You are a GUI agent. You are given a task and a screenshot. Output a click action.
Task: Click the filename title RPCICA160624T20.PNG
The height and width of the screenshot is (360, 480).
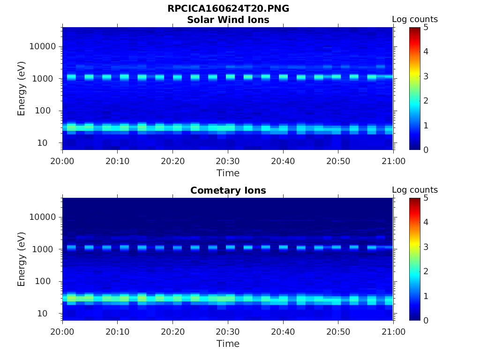[x=228, y=9]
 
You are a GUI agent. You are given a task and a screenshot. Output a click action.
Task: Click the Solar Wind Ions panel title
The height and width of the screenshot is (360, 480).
[x=228, y=20]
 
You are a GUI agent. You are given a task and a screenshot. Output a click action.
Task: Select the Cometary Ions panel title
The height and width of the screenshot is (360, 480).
[x=228, y=190]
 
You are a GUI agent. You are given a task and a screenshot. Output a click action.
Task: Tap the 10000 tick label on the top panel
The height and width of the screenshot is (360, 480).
[x=42, y=46]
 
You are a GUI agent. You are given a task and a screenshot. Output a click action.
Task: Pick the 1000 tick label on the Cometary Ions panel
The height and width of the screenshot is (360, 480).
[x=44, y=249]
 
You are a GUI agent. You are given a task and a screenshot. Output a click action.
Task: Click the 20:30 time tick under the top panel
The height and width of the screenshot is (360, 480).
[x=228, y=161]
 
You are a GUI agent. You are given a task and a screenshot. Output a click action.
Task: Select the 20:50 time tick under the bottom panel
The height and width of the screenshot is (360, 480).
[x=338, y=332]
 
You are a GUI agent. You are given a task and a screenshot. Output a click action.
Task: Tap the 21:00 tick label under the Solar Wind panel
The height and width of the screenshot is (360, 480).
[x=393, y=161]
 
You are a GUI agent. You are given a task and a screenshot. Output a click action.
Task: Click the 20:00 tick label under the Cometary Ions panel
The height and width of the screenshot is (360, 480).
[x=63, y=332]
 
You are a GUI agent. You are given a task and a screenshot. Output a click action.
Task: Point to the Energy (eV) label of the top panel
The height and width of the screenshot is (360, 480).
[x=22, y=89]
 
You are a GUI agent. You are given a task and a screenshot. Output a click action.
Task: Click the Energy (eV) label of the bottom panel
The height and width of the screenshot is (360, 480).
[x=22, y=259]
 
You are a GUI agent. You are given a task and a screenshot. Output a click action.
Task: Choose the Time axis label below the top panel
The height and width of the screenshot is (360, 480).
[x=228, y=173]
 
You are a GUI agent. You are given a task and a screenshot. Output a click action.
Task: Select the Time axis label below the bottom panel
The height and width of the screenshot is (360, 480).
[x=228, y=344]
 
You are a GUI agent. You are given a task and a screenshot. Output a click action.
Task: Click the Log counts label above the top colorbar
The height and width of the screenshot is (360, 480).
[x=414, y=19]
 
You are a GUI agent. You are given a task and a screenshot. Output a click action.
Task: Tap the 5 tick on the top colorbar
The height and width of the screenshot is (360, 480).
[x=426, y=27]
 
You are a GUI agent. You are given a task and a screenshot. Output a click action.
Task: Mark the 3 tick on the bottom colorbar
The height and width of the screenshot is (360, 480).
[x=426, y=247]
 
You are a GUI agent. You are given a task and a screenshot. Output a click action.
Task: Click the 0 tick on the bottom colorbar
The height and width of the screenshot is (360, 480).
[x=426, y=320]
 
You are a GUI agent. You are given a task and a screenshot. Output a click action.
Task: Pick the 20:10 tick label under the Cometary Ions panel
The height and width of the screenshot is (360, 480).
[x=118, y=332]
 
